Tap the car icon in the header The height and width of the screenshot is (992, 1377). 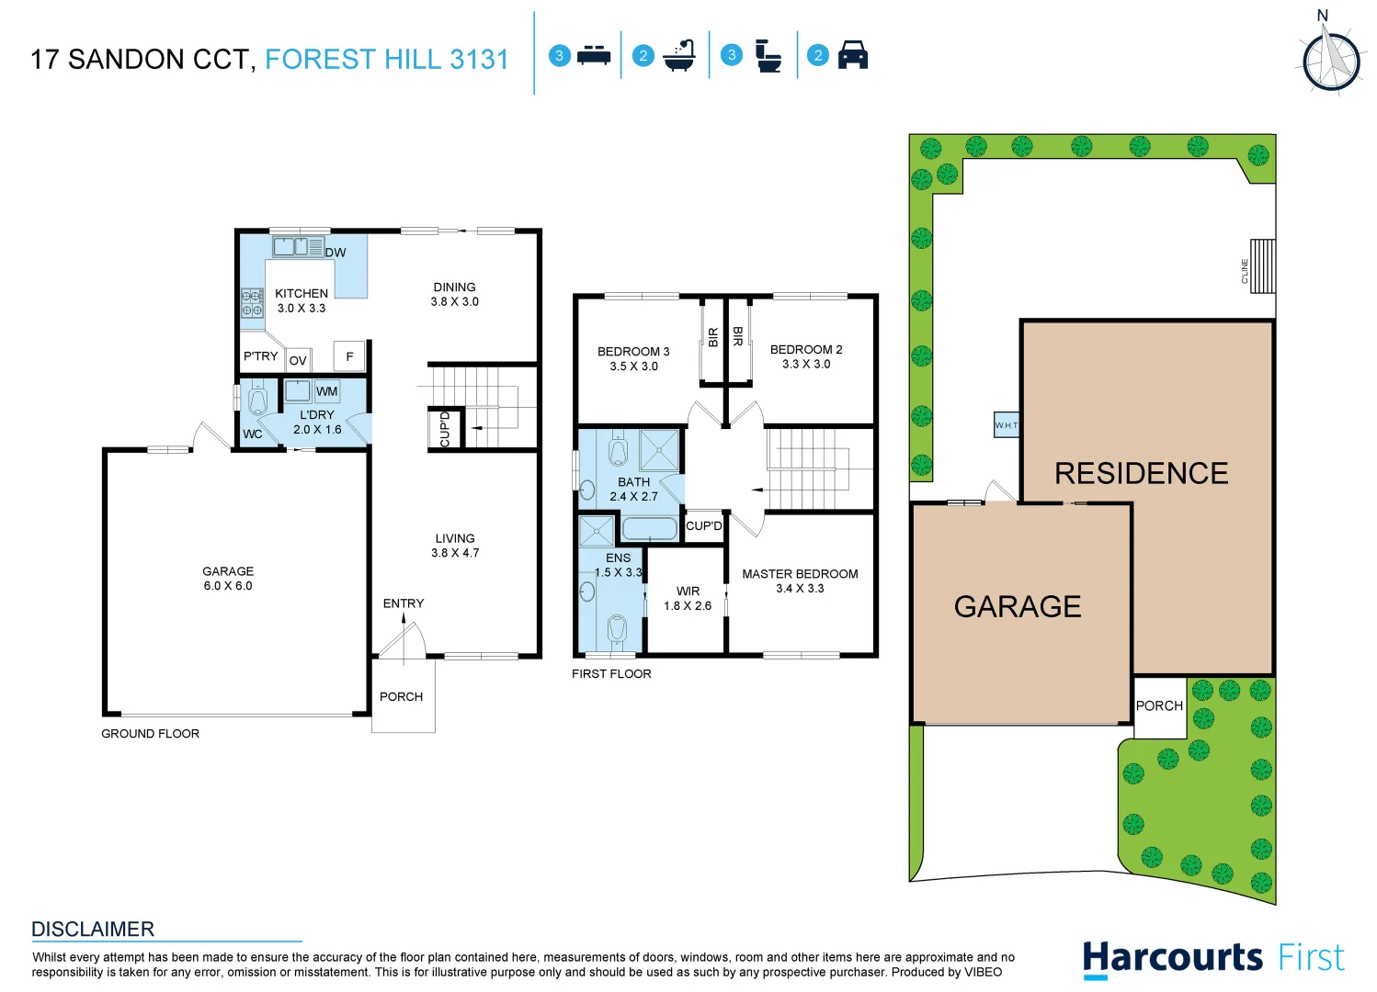coord(853,55)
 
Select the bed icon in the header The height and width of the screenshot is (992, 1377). coord(594,55)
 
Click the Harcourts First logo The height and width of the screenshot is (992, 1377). coord(1212,958)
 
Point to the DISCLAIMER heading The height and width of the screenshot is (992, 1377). coord(93,929)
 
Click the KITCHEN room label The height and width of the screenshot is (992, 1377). coord(302,293)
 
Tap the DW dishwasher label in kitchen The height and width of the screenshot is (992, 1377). coord(336,253)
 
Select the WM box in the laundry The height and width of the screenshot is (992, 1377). coord(326,391)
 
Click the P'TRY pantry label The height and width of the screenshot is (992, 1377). coord(260,356)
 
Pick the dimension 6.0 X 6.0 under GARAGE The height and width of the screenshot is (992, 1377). coord(228,586)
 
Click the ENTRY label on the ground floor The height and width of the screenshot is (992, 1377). coord(404,603)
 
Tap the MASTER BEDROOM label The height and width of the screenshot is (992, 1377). coord(800,573)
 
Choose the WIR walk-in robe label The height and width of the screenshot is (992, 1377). coord(688,591)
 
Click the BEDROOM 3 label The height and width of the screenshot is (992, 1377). coord(633,351)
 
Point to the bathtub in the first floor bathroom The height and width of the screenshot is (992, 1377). coord(649,528)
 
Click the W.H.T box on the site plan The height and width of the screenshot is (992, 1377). coord(1007,425)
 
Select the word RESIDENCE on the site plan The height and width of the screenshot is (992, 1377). coord(1141,473)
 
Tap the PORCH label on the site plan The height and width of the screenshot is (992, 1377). coord(1159,705)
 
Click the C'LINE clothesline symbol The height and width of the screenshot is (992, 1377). coord(1262,266)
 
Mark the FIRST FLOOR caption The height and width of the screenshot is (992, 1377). coord(611,673)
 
